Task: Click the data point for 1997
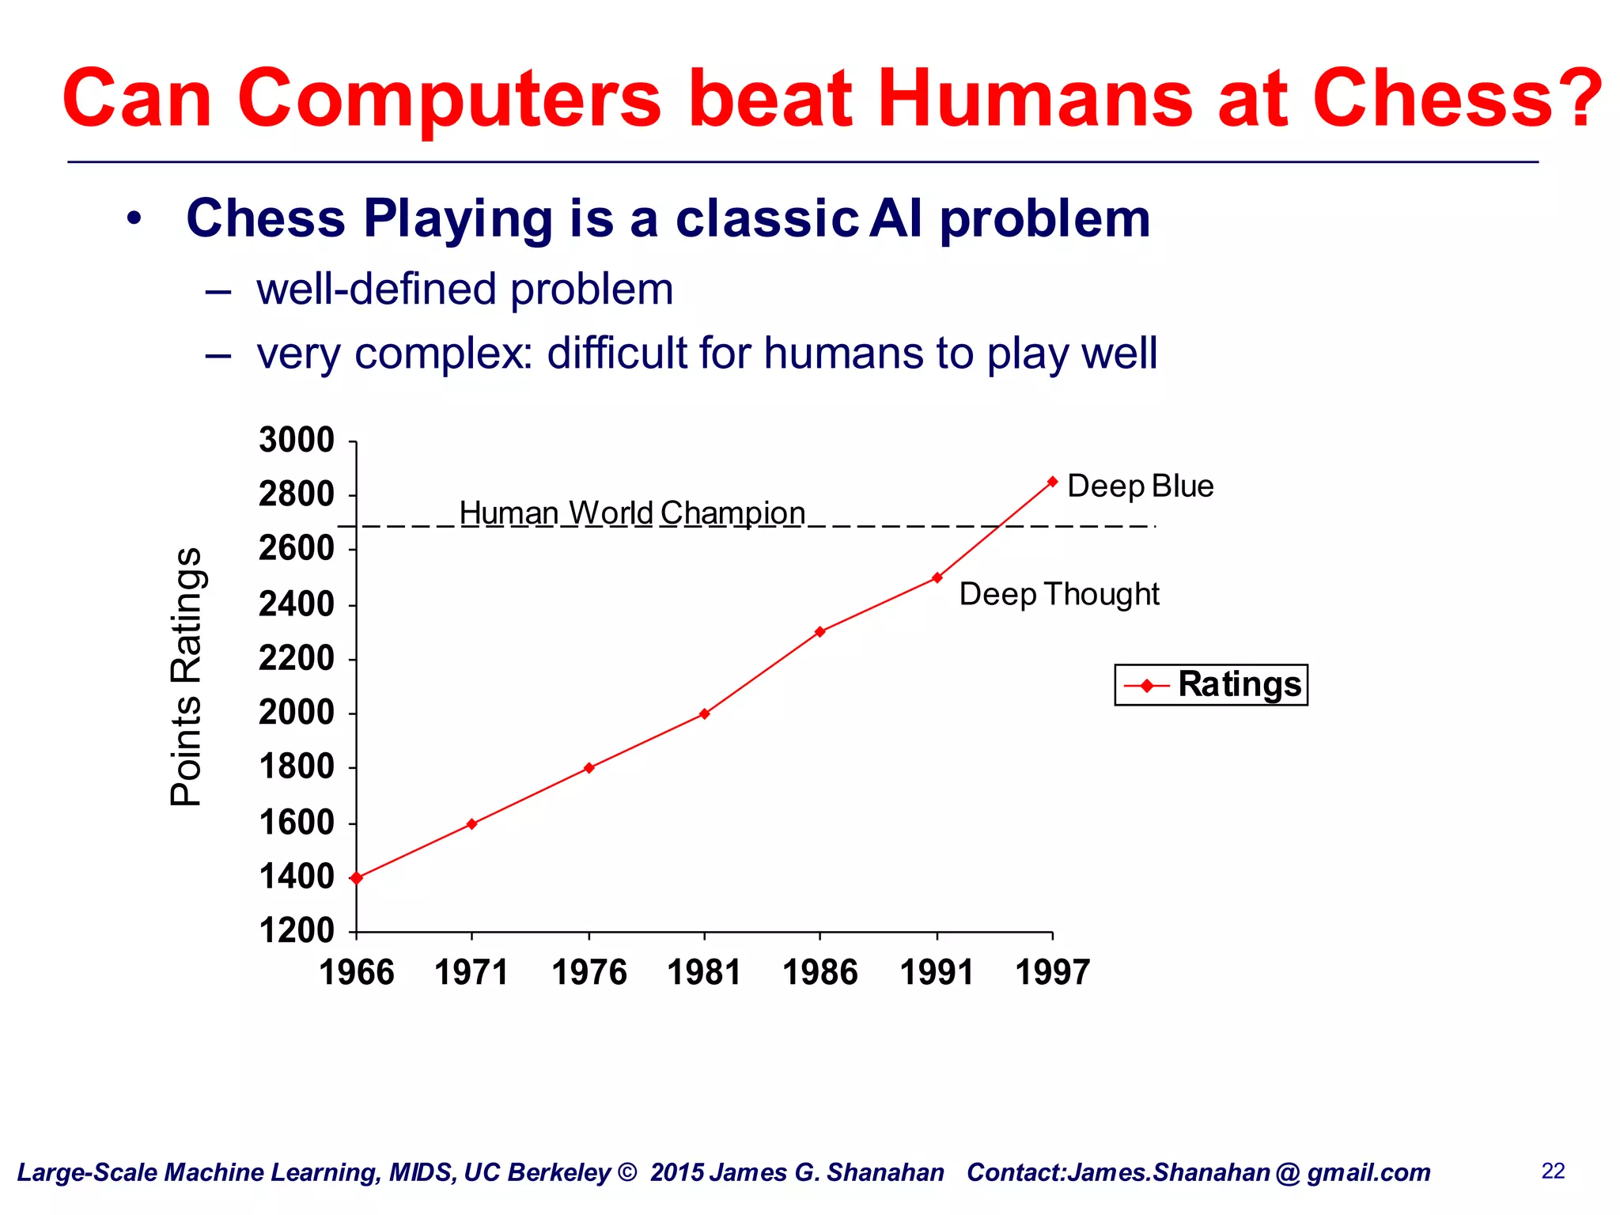pos(1052,482)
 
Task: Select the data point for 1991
pos(937,577)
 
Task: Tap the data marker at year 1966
pos(356,877)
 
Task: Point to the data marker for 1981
pos(704,713)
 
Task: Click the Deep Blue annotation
pos(1140,486)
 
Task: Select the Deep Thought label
pos(1058,594)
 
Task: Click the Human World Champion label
pos(632,513)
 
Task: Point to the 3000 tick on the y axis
pos(297,440)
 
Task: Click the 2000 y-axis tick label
pos(297,713)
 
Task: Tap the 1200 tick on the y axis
pos(297,930)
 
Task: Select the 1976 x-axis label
pos(589,972)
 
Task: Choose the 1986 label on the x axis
pos(819,972)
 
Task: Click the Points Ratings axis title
pos(187,676)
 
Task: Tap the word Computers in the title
pos(449,98)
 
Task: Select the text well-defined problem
pos(465,290)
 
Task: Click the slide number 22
pos(1553,1171)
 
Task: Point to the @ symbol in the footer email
pos(1288,1172)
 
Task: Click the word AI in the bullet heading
pos(895,218)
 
